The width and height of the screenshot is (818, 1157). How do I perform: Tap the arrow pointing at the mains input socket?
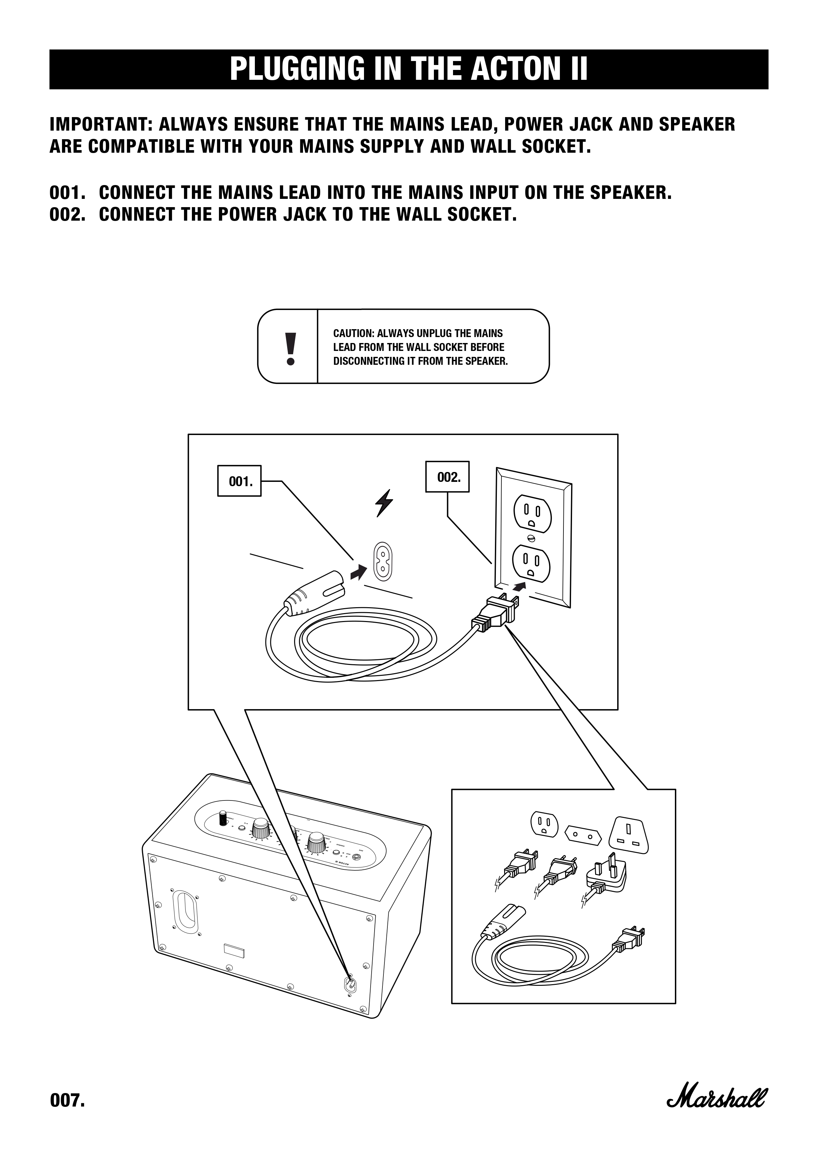coord(358,572)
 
